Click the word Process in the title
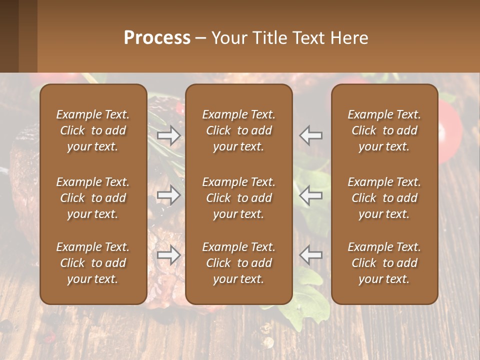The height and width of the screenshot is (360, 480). [x=157, y=38]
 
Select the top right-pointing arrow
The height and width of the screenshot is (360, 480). [x=169, y=135]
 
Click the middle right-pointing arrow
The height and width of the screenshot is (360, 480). [x=169, y=195]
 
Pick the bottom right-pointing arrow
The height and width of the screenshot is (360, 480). [x=169, y=255]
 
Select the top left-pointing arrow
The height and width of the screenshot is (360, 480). [x=311, y=135]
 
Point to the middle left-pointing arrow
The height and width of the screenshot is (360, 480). [x=311, y=195]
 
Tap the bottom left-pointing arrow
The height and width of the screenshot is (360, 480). [x=311, y=255]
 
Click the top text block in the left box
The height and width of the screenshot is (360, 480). [x=93, y=130]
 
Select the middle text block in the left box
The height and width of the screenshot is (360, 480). [x=93, y=198]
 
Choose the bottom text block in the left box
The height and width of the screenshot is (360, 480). [x=93, y=263]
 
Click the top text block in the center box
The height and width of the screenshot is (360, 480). [x=239, y=130]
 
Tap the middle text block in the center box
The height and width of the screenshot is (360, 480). [x=239, y=198]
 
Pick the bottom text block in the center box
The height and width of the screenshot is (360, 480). [x=239, y=263]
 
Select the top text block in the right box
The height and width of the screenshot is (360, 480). [x=384, y=130]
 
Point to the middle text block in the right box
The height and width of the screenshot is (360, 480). [x=384, y=198]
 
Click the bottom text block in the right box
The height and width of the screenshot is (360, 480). [x=384, y=263]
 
